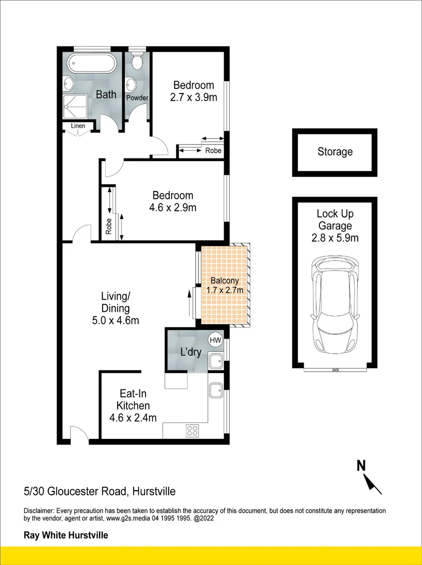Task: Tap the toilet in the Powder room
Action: [137, 61]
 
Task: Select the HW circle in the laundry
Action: [215, 340]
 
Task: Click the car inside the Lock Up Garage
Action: [335, 307]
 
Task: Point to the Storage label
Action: [335, 152]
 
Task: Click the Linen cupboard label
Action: [79, 126]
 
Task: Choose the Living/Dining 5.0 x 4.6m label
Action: [115, 308]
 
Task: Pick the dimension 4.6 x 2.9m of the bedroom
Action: [172, 208]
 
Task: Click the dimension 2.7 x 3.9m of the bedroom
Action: [194, 97]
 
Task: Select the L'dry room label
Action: [191, 352]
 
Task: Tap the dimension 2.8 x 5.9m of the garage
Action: [335, 239]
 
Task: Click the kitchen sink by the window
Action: [215, 389]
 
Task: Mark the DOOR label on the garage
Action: [336, 369]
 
